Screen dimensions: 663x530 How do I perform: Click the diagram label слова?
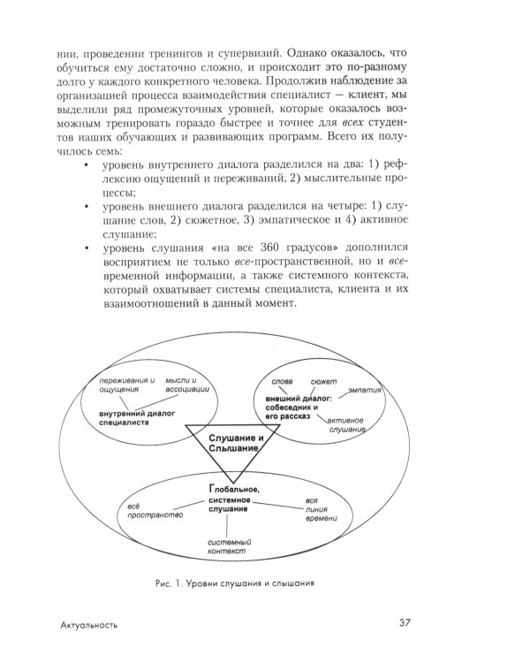click(x=283, y=382)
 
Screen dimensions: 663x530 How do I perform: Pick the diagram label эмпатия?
click(x=365, y=390)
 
